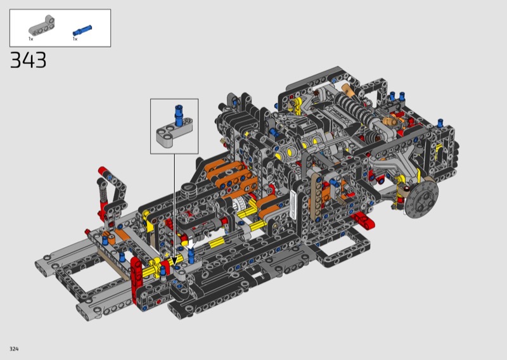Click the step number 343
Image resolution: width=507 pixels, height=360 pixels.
pos(28,60)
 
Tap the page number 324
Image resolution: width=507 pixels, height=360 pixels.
pos(14,349)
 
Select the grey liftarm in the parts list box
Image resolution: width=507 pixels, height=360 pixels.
pos(41,26)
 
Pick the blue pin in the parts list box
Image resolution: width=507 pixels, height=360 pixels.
pos(82,30)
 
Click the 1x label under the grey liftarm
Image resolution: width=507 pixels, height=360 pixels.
pos(30,39)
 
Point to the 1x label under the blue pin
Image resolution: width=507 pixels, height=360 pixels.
pos(75,39)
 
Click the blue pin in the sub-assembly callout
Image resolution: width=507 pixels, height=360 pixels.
pos(178,115)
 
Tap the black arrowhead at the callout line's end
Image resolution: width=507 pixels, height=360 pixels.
pos(174,260)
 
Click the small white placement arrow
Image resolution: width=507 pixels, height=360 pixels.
pos(191,243)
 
